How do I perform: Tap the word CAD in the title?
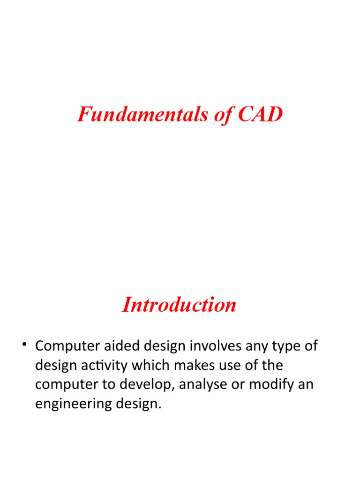[260, 114]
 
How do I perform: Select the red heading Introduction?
[180, 305]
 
